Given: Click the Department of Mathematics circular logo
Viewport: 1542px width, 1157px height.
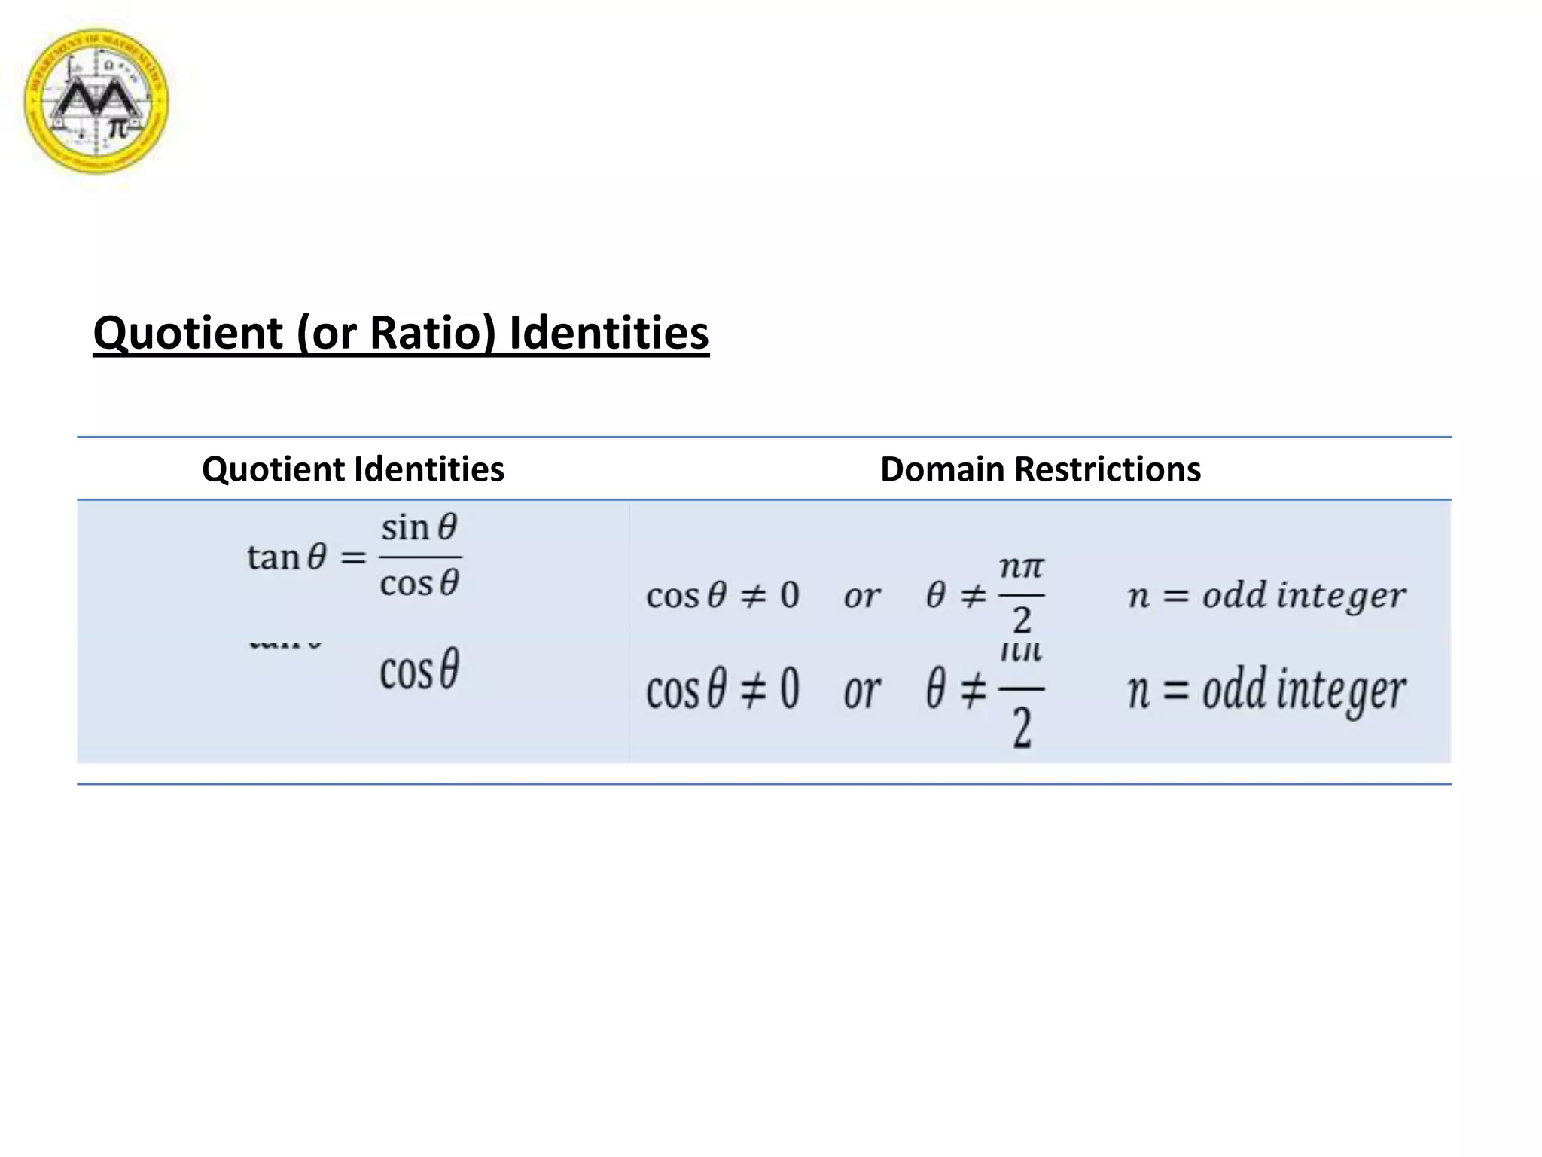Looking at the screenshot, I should click(96, 100).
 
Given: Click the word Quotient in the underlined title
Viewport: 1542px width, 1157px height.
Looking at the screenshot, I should click(187, 332).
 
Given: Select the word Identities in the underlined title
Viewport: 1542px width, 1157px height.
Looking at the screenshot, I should click(609, 332).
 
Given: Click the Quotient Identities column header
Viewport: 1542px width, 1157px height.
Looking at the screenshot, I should click(352, 469).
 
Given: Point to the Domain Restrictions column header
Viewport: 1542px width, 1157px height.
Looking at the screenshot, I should click(1040, 469).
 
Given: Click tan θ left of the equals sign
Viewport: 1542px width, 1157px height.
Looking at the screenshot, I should click(286, 558).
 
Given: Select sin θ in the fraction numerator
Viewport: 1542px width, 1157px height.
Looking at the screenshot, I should click(419, 527).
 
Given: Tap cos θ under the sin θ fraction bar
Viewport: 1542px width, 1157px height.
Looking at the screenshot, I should click(419, 583).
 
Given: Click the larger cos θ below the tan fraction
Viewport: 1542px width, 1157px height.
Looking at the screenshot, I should click(419, 670).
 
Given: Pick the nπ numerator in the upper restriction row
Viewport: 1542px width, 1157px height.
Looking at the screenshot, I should click(1021, 566).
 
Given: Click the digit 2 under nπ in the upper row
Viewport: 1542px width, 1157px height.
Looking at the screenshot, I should click(1021, 621).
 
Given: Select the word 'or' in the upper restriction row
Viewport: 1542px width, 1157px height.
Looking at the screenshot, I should click(861, 597).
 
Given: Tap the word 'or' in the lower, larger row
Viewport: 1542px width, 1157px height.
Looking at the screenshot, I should click(861, 691).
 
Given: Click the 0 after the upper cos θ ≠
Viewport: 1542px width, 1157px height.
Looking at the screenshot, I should click(789, 595).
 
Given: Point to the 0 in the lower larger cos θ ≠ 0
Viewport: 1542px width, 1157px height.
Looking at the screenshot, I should click(789, 688).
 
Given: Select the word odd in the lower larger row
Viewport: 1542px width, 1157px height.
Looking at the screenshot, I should click(1234, 688).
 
